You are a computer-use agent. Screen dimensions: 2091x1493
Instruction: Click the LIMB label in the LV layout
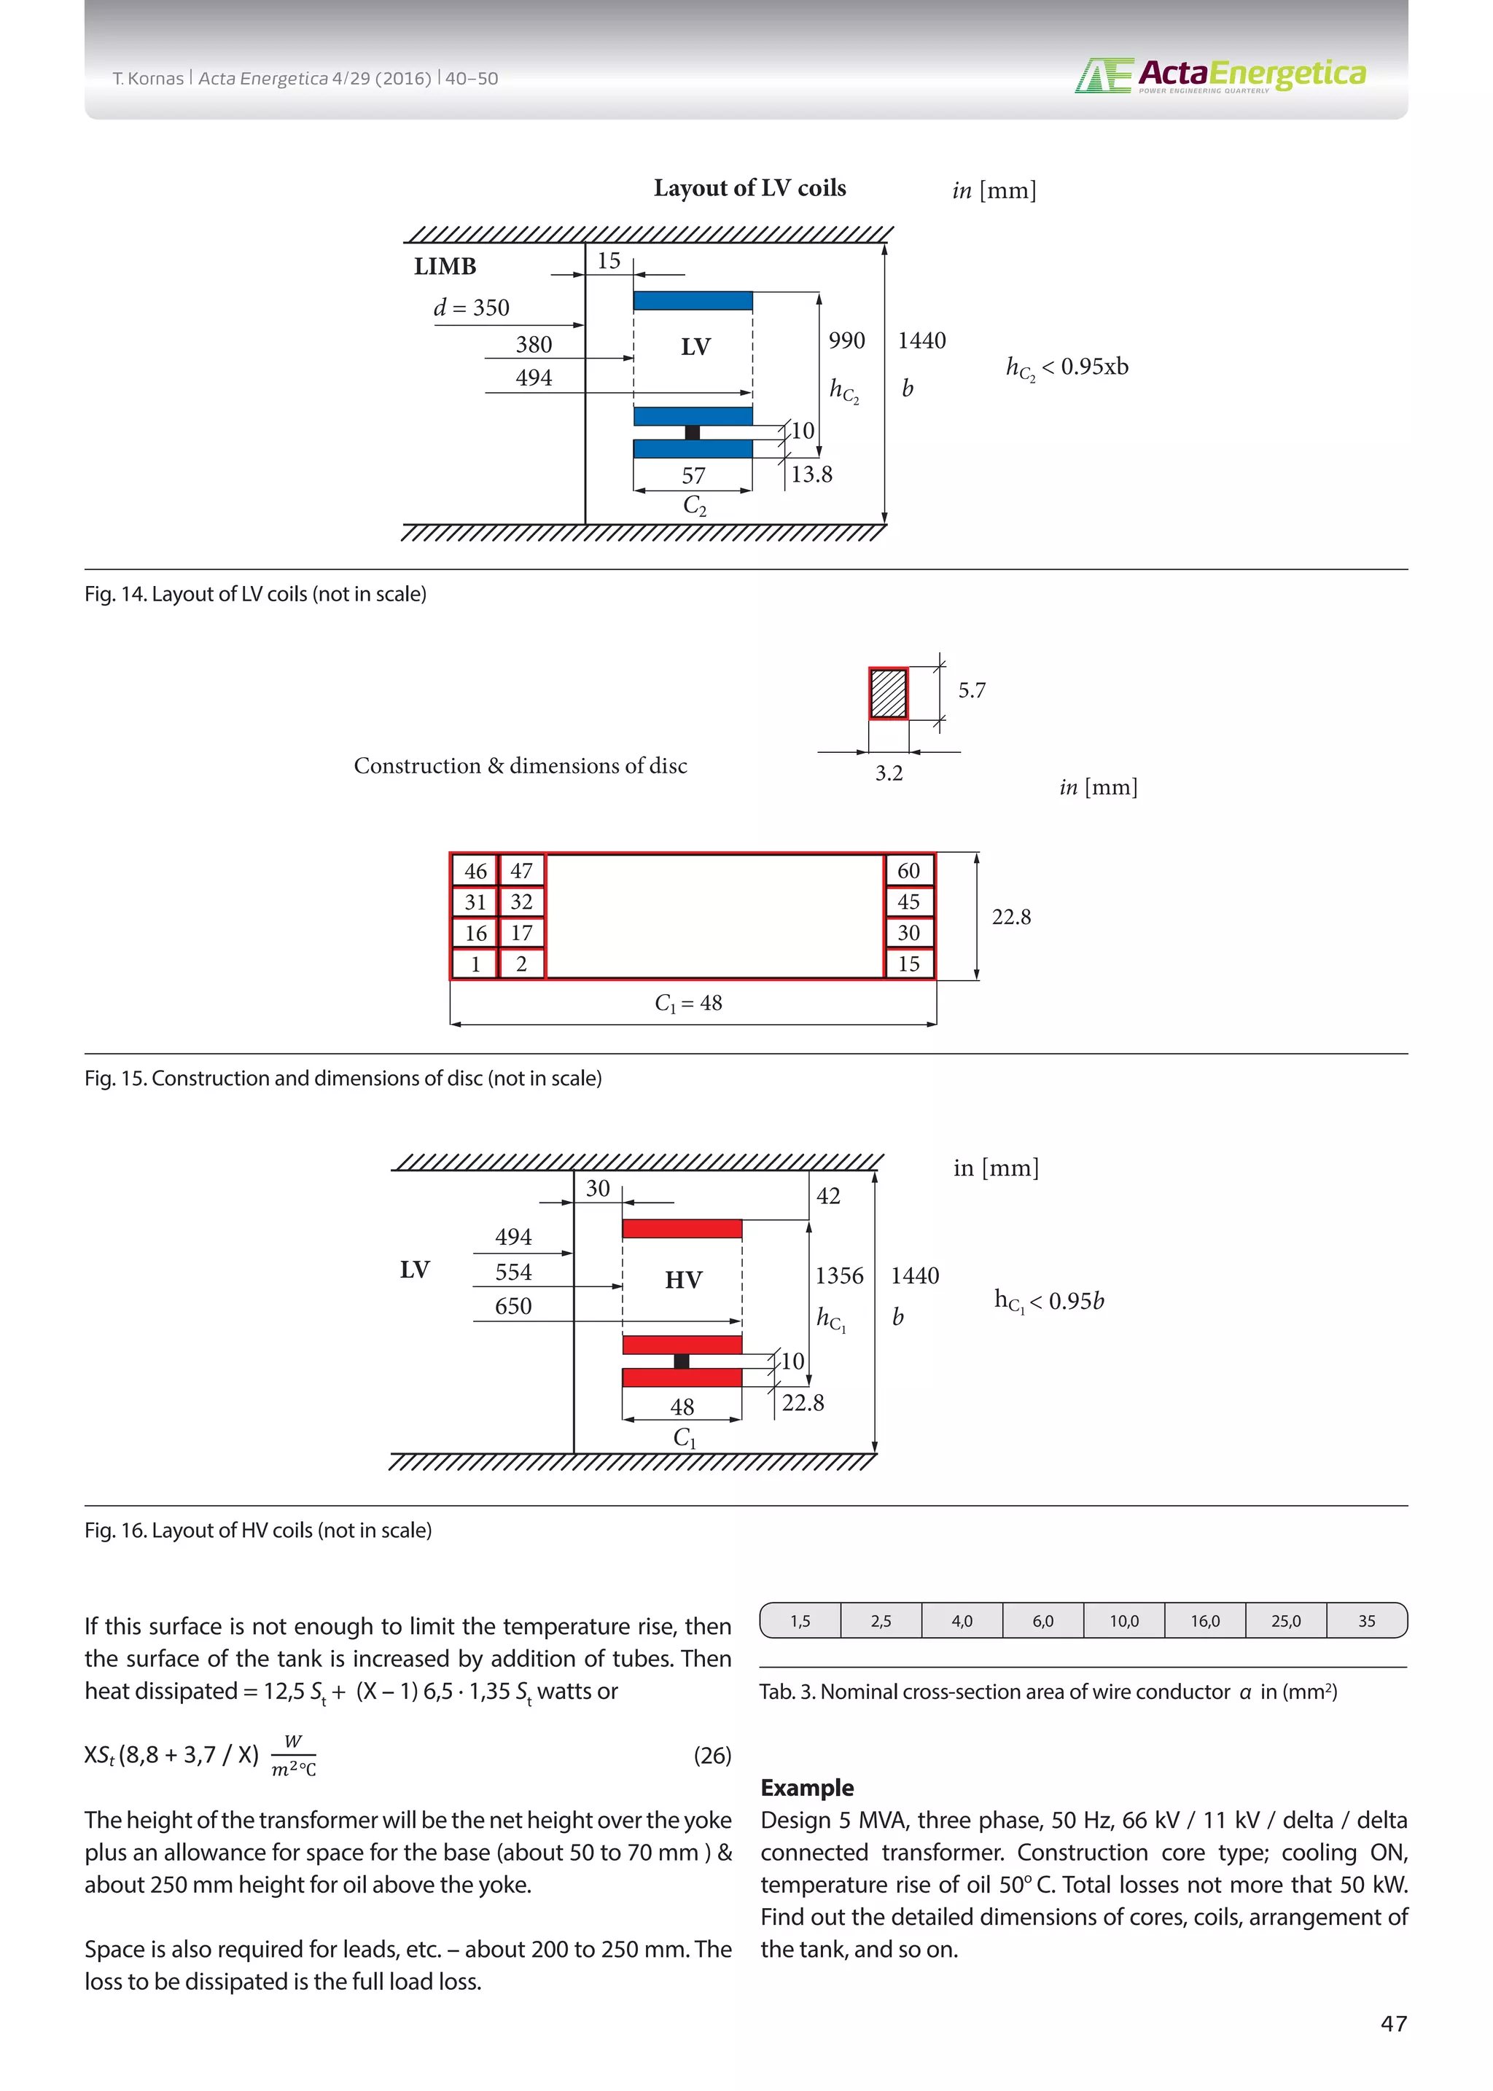point(445,267)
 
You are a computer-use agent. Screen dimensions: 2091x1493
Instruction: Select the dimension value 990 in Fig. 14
point(846,341)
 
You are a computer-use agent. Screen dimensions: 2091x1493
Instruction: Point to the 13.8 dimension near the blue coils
point(812,474)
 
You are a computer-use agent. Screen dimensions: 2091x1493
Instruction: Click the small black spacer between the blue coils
point(693,432)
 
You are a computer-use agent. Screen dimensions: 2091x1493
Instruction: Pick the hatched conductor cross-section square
point(888,693)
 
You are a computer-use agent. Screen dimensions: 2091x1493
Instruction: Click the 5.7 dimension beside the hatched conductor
point(971,690)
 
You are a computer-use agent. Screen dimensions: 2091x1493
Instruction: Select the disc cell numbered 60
point(908,870)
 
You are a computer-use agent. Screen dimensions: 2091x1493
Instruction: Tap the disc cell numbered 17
point(521,933)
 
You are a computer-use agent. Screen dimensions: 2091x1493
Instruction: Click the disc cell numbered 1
point(475,964)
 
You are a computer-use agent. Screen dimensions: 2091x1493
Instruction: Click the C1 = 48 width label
point(689,1003)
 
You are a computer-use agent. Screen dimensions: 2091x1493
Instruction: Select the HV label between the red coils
point(683,1279)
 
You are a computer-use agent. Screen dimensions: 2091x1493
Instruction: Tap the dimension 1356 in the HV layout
point(838,1275)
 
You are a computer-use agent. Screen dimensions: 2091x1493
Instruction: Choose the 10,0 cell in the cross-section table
point(1123,1620)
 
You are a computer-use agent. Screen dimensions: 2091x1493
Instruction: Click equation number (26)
point(712,1756)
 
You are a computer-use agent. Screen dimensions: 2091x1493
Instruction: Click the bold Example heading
point(806,1788)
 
